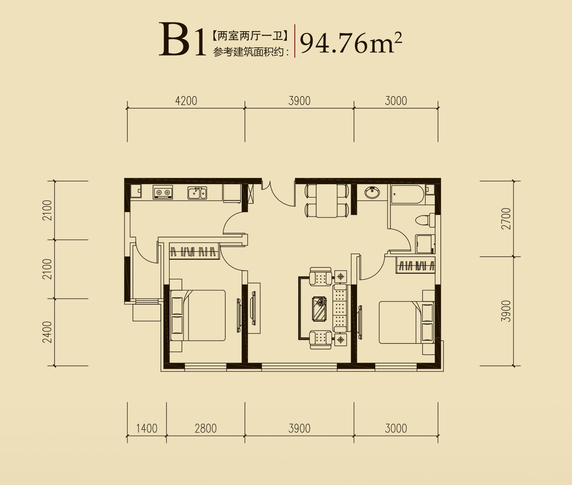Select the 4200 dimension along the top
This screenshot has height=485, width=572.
tap(186, 101)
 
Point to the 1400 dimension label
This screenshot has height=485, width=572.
tap(147, 428)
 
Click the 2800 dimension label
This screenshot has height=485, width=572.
tap(206, 428)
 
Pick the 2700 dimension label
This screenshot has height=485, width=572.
tap(506, 218)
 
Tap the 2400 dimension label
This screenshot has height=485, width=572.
tap(47, 332)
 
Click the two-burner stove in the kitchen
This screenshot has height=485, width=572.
tap(163, 192)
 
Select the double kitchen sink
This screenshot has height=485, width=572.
tap(197, 193)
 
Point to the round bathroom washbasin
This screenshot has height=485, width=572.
tap(372, 192)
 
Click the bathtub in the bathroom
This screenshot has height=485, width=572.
tap(407, 194)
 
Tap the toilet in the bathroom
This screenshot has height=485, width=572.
tap(425, 220)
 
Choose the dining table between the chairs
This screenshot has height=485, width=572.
tap(327, 201)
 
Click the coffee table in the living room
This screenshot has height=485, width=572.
tap(320, 309)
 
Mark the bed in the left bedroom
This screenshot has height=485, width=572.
tap(198, 315)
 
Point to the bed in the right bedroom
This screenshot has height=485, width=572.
tap(406, 322)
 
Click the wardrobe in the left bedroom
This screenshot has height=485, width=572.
tap(194, 251)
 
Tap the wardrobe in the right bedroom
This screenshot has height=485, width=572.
tap(415, 265)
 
